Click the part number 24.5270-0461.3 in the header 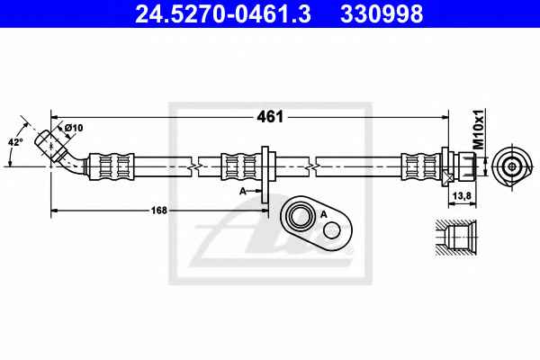(x=223, y=14)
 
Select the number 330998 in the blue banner (x=382, y=14)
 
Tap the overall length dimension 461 (x=270, y=117)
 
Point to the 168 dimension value (x=158, y=210)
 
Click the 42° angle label (x=15, y=141)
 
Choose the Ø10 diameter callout (x=74, y=128)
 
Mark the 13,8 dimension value (x=463, y=196)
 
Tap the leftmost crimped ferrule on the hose (x=112, y=166)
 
